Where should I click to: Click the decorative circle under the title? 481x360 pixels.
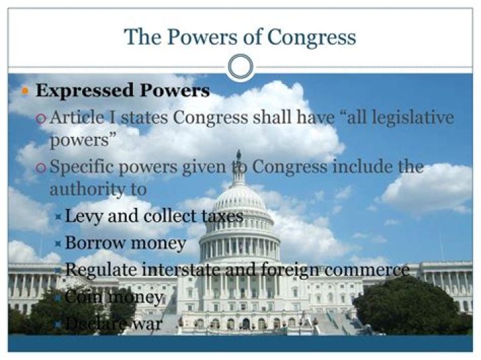tap(240, 67)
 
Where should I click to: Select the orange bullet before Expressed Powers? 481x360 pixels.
tap(25, 90)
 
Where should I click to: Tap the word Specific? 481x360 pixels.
tap(82, 167)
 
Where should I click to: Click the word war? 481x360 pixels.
tap(148, 324)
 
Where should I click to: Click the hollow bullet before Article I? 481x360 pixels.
tap(41, 119)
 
